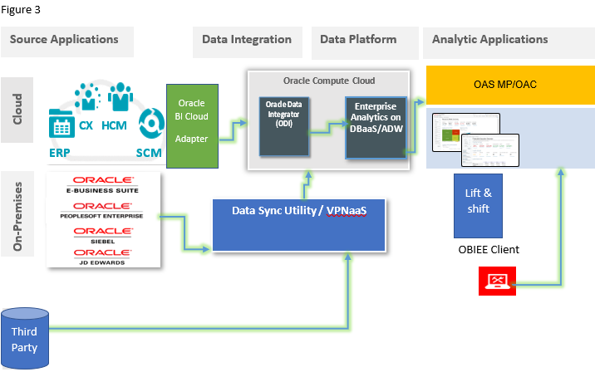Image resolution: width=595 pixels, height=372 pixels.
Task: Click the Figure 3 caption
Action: point(21,9)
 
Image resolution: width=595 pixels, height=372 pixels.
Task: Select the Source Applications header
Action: point(64,40)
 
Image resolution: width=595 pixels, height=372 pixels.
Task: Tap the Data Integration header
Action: point(247,40)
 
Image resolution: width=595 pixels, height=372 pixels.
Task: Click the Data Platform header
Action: point(358,40)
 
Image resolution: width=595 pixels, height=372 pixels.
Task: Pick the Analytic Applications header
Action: point(490,40)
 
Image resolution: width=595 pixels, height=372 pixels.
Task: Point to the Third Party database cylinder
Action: point(25,336)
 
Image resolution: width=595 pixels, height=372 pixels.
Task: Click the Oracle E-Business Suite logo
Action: point(103,183)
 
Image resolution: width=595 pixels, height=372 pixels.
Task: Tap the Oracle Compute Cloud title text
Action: point(328,81)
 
